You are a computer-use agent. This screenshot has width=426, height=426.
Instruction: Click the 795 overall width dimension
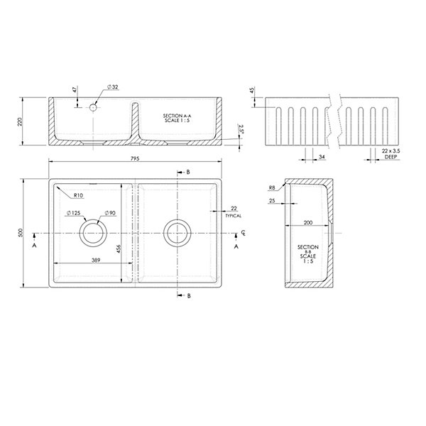pos(135,158)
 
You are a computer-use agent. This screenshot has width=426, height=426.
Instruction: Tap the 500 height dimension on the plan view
pos(21,233)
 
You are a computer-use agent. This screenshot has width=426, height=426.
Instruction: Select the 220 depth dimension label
pos(20,121)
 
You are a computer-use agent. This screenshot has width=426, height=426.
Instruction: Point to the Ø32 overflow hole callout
pos(113,87)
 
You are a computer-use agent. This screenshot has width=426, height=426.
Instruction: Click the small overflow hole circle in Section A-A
pos(93,107)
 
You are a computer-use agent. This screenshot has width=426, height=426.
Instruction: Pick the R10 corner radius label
pos(78,195)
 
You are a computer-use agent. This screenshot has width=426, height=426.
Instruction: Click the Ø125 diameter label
pos(74,213)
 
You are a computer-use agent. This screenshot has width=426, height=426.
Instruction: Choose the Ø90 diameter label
pos(110,213)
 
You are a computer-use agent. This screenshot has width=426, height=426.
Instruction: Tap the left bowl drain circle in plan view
pos(93,233)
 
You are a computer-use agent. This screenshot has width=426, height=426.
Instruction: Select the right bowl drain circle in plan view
pos(177,233)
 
